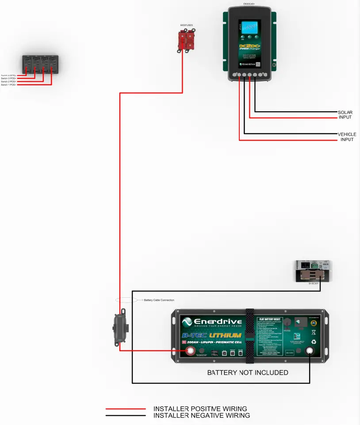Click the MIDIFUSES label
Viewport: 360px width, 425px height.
[186, 26]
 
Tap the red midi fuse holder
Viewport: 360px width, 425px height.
[186, 41]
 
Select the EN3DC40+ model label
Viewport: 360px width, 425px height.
[249, 4]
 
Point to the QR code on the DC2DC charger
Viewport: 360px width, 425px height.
[257, 64]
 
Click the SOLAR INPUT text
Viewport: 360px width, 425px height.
[345, 115]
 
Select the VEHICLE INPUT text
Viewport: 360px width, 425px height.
[347, 137]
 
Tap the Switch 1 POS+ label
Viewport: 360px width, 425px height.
[8, 85]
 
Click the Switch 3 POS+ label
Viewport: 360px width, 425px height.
[8, 79]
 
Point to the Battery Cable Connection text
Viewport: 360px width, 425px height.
[159, 300]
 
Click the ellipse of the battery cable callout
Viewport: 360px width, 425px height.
[126, 300]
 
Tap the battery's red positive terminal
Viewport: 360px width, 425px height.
[191, 351]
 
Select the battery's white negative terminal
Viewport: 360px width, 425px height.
[310, 351]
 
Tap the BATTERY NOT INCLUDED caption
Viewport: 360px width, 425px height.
[248, 373]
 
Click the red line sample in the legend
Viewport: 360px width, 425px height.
[126, 409]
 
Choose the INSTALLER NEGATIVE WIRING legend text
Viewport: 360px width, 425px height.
[201, 416]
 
